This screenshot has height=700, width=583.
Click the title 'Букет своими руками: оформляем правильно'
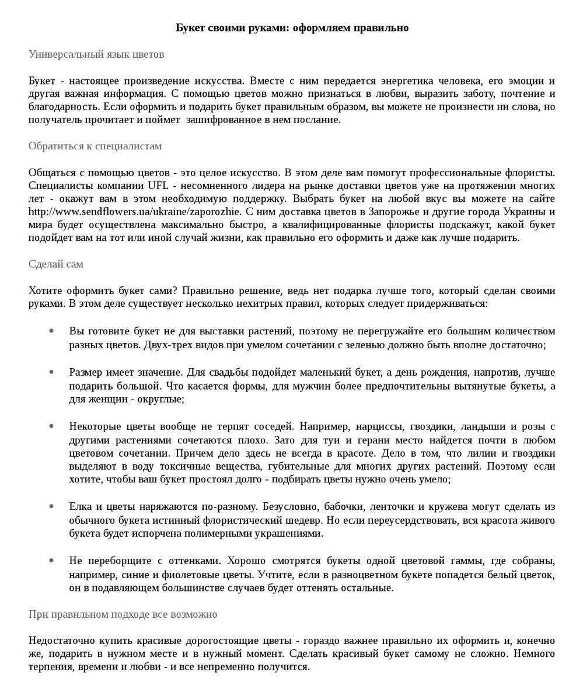point(292,28)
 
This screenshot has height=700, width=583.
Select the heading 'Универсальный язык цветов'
point(96,54)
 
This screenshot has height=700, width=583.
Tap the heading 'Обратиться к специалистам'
point(95,146)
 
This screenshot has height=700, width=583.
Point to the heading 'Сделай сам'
point(56,264)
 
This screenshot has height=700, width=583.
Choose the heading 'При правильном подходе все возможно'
point(123,614)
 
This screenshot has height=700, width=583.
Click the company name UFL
point(158,185)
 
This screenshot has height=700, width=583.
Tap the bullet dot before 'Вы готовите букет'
point(52,331)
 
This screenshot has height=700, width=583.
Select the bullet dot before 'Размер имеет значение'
point(52,372)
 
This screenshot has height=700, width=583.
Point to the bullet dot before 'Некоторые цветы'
point(52,426)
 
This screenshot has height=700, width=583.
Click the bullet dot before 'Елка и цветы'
point(52,506)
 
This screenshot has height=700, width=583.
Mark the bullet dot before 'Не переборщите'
point(52,561)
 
